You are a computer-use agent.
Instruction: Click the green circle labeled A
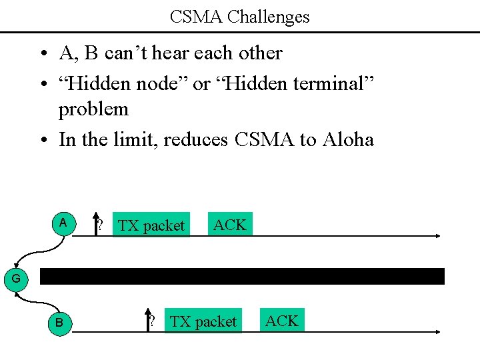tap(64, 223)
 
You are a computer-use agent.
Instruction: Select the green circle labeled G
tap(16, 279)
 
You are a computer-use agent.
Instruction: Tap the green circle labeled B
tap(60, 323)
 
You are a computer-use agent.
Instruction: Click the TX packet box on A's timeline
tap(151, 224)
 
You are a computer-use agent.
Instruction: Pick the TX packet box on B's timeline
tap(203, 320)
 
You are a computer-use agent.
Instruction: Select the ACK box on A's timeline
tap(230, 224)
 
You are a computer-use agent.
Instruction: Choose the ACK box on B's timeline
tap(282, 320)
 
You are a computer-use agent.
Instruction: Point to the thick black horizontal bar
tap(242, 276)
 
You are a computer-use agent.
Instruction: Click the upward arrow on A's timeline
tap(96, 224)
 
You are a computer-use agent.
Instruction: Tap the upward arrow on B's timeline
tap(148, 320)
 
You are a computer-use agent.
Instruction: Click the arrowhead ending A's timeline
tap(439, 236)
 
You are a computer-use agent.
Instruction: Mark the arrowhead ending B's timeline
tap(439, 332)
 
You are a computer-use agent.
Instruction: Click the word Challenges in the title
tap(268, 17)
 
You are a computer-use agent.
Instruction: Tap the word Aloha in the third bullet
tap(348, 139)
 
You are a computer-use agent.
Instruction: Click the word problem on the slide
tap(93, 109)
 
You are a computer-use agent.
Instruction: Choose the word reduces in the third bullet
tap(195, 140)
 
